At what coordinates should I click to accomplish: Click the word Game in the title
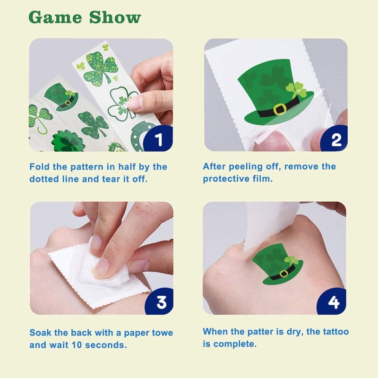point(55,17)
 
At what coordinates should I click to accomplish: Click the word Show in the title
point(115,17)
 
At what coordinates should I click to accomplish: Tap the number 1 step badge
point(158,138)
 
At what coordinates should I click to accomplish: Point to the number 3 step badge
point(160,301)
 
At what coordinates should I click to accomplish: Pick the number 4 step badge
point(333,301)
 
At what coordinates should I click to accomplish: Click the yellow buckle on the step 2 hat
point(279,109)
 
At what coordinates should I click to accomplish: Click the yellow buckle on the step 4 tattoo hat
point(284,274)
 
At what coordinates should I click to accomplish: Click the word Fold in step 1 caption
point(40,167)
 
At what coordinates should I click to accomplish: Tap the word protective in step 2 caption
point(226,179)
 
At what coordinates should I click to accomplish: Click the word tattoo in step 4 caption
point(336,332)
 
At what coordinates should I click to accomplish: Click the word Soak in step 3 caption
point(40,333)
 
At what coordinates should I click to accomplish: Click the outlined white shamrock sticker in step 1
point(120,103)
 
